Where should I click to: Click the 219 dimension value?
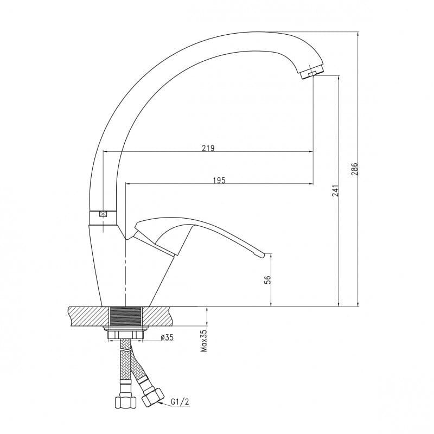[x=208, y=148]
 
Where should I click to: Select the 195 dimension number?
[x=219, y=180]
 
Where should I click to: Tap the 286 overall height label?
[x=355, y=169]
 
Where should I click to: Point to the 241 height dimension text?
[x=335, y=191]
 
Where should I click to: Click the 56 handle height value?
[x=267, y=280]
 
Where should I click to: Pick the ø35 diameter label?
[x=167, y=337]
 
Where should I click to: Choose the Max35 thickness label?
[x=204, y=341]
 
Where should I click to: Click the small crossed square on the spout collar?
[x=103, y=214]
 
